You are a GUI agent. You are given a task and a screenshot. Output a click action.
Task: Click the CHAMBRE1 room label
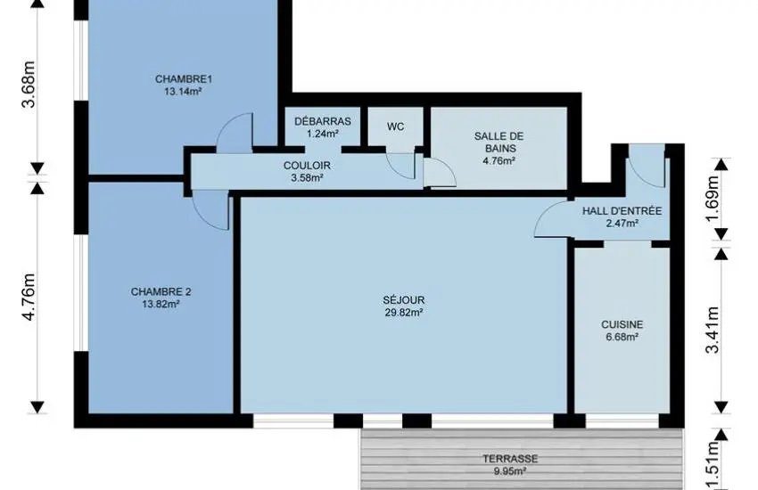coord(184,78)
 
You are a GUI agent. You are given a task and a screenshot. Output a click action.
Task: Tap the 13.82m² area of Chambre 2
coord(161,304)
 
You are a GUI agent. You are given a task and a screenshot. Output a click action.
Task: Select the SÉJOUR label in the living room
coord(404,300)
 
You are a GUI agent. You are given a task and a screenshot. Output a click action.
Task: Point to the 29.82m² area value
coord(404,313)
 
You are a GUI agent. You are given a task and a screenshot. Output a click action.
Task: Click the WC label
coord(395,127)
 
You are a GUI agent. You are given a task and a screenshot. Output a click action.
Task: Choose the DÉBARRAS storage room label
coord(323,121)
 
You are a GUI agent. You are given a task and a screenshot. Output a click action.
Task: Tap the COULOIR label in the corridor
coord(307,166)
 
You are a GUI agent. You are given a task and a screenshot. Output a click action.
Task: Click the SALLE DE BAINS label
coord(498,143)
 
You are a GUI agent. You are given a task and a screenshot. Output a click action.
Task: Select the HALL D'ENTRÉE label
coord(622,211)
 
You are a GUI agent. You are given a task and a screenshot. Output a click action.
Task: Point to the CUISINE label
coord(622,324)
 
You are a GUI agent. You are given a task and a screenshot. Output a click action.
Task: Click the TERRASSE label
coord(510,459)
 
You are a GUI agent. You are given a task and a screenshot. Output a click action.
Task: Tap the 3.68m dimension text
coord(29,85)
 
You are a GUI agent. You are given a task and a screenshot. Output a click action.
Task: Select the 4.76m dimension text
coord(29,297)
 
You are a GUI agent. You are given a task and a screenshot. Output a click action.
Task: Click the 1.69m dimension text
coord(713,199)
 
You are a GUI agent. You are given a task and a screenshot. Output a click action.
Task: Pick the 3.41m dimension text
coord(713,330)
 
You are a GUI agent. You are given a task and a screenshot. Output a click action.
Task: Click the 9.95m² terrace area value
coord(510,470)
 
